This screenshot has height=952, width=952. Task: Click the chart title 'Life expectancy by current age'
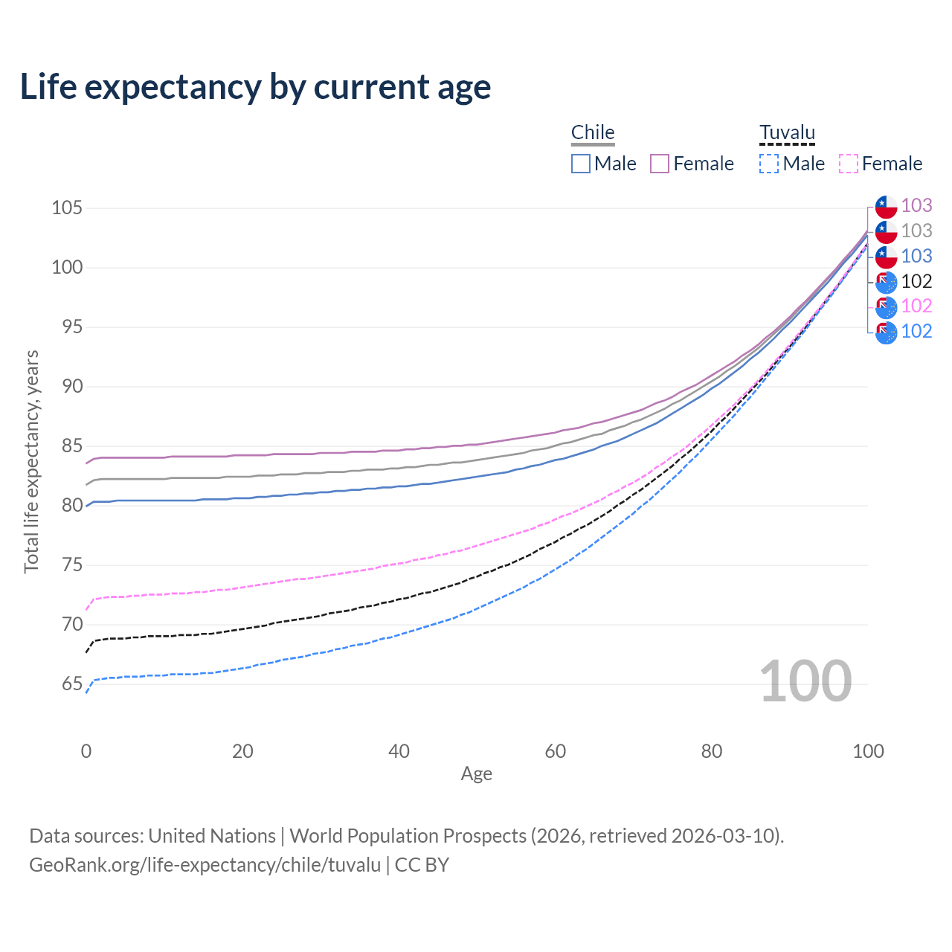click(x=255, y=87)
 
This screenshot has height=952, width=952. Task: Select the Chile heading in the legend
click(x=593, y=132)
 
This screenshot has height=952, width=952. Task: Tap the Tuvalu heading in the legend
click(x=787, y=132)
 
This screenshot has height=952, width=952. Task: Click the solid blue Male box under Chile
click(x=581, y=164)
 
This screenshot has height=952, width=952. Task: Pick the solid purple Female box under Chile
click(x=660, y=164)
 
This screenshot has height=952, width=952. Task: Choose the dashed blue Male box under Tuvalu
click(x=769, y=164)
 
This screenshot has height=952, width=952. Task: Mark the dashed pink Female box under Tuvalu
click(x=849, y=164)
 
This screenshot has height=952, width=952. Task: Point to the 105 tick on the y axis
click(x=66, y=208)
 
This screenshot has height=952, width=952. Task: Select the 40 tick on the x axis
click(x=399, y=751)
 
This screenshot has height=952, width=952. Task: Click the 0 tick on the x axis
click(x=86, y=751)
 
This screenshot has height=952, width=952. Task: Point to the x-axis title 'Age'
click(x=476, y=774)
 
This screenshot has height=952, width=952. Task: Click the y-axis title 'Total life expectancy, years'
click(x=31, y=461)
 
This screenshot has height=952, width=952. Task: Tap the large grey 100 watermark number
click(x=805, y=681)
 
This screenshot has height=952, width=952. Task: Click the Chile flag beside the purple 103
click(x=886, y=206)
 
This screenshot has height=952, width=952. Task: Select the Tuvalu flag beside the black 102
click(x=886, y=282)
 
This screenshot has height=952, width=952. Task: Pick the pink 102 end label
click(x=916, y=306)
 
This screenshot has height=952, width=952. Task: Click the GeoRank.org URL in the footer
click(x=205, y=865)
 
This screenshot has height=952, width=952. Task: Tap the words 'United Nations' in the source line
click(x=212, y=836)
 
